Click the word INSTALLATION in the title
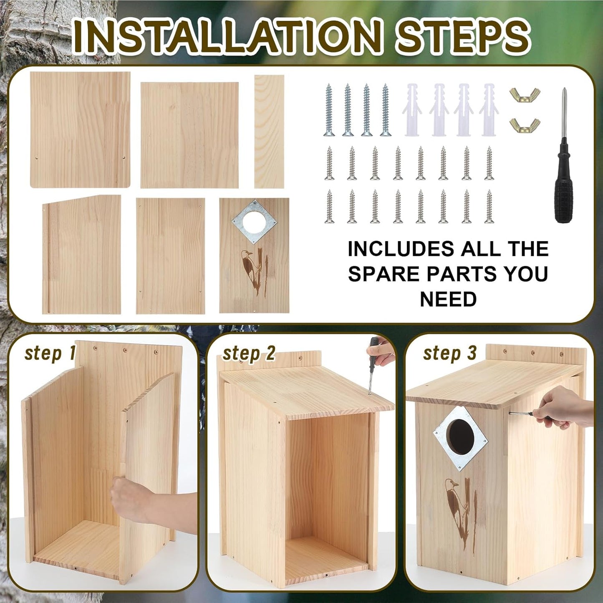(227, 36)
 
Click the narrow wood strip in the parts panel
(269, 131)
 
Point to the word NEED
(448, 299)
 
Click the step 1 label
(49, 353)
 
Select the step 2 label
(249, 354)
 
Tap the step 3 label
(449, 353)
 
